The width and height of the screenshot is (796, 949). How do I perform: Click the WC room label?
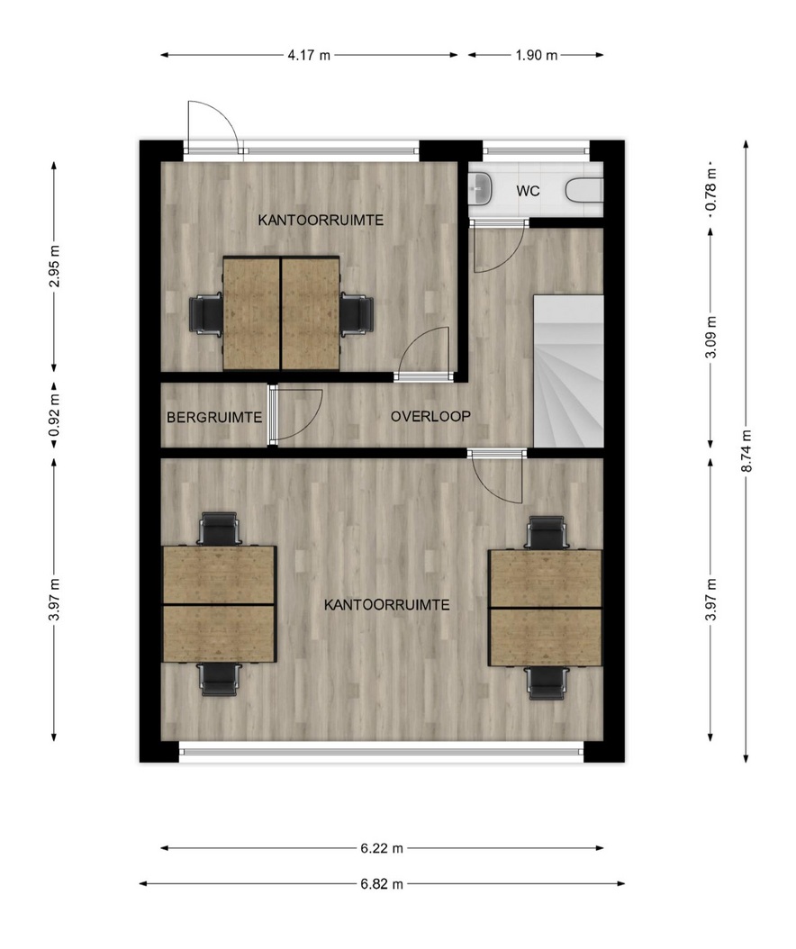(528, 191)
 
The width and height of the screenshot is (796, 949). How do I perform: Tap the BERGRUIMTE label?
(214, 418)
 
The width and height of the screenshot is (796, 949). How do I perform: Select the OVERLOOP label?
(430, 416)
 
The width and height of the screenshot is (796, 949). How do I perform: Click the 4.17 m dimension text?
(309, 55)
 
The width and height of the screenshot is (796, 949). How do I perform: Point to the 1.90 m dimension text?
(537, 55)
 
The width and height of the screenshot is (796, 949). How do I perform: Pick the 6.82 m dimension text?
(382, 883)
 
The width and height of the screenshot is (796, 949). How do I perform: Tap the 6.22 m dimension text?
(382, 848)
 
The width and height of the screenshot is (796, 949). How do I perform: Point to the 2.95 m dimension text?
(55, 267)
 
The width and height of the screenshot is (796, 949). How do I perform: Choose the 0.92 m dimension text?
(55, 415)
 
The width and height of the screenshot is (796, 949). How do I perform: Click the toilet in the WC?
(584, 191)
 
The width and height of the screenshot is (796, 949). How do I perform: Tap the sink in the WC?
(481, 188)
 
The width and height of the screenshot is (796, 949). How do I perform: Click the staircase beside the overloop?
(568, 371)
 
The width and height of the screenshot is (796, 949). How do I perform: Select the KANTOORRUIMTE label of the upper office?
(321, 221)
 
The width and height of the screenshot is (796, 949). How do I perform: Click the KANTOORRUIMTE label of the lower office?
(387, 605)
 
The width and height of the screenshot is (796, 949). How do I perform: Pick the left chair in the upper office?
(206, 313)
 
